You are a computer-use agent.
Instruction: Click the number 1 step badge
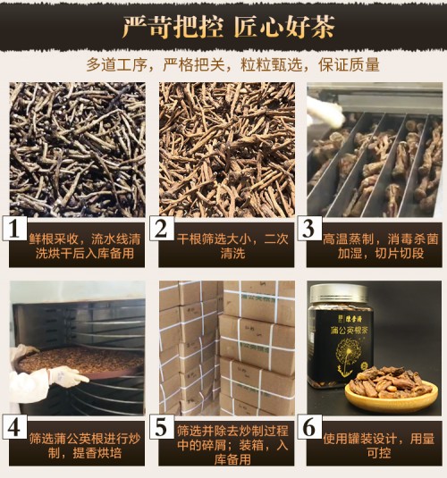[14, 229]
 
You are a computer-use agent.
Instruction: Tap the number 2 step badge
[162, 229]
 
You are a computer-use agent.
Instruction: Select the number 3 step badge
[309, 229]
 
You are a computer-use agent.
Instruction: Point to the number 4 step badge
[14, 427]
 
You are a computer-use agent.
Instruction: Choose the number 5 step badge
[162, 427]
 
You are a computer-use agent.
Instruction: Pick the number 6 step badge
[309, 427]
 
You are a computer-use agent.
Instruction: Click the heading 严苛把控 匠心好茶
[228, 27]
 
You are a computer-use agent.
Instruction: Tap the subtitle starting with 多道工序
[232, 64]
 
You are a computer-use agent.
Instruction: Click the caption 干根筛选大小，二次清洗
[232, 246]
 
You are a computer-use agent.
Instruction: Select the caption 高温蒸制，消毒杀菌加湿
[381, 246]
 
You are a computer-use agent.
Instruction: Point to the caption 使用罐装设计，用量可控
[379, 446]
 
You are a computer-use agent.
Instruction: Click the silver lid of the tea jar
[339, 295]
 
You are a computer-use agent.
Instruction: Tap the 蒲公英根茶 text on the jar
[349, 330]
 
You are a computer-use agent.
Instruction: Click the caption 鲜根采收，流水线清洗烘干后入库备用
[85, 246]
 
